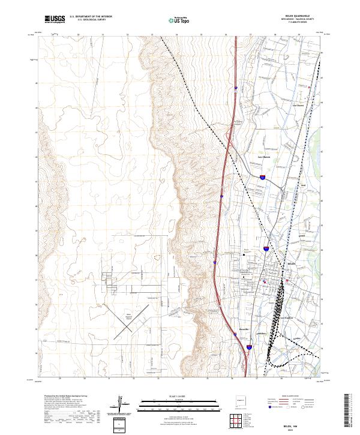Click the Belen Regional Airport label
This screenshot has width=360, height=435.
point(128,316)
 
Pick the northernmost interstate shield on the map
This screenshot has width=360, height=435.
point(236,89)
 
